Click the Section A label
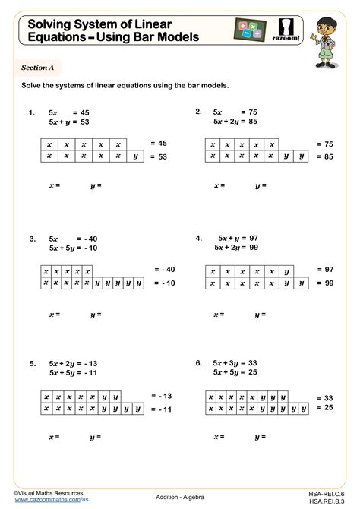point(36,68)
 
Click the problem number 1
point(31,113)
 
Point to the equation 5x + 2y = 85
point(236,120)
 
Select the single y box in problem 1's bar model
point(135,156)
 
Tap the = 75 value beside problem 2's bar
point(327,144)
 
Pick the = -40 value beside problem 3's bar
point(164,270)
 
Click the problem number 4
point(198,238)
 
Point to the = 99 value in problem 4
point(327,283)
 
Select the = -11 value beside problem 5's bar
point(162,409)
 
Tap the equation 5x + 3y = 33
point(236,363)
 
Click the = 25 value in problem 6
point(327,408)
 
